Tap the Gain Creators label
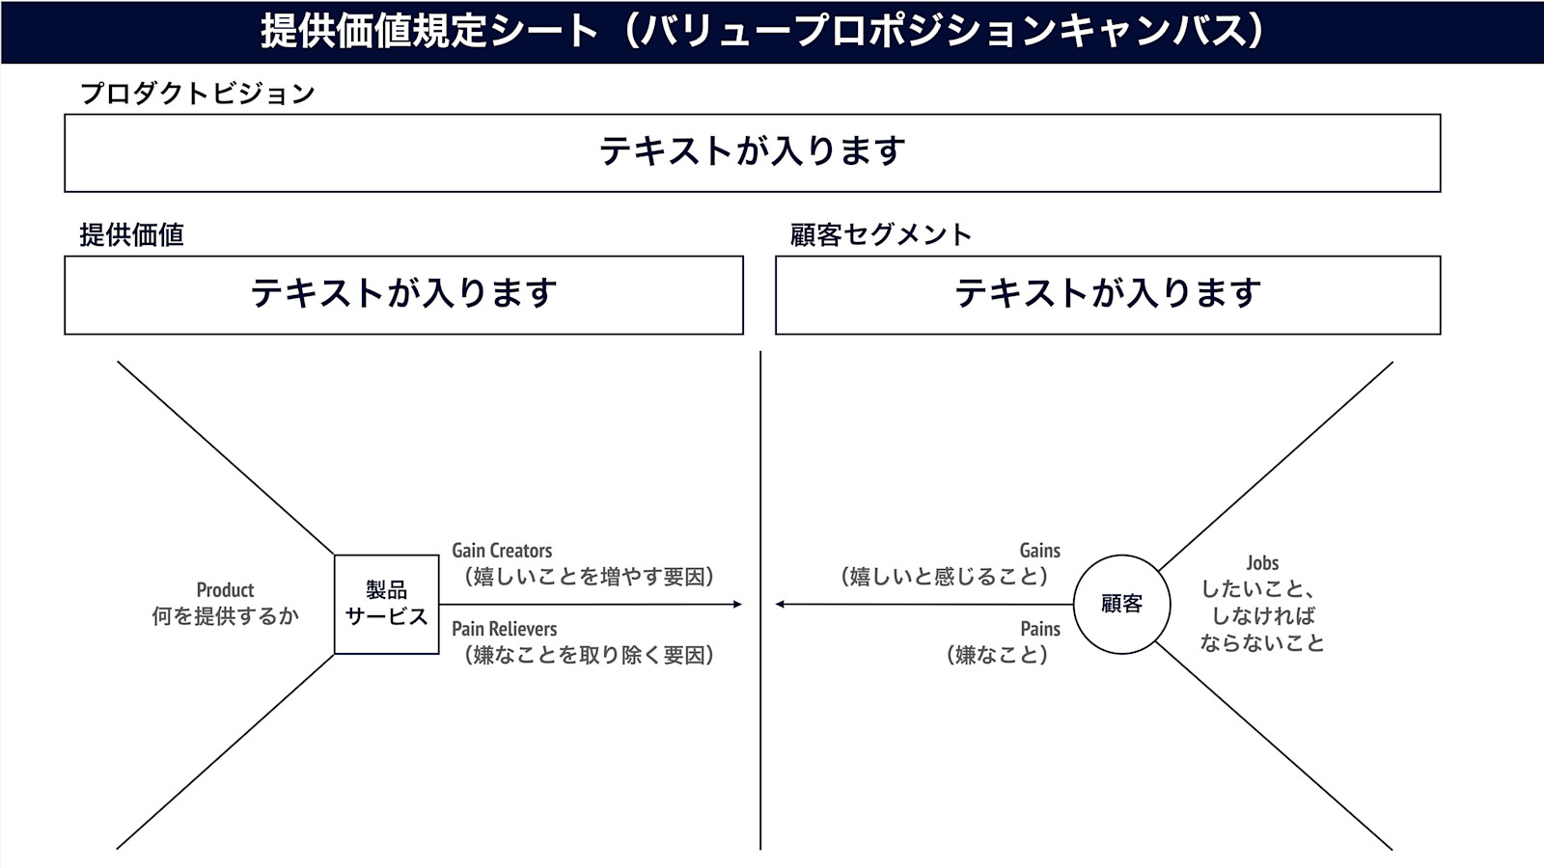pos(502,551)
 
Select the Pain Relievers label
pos(504,628)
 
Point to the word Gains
pos(1039,551)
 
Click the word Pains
pos(1040,628)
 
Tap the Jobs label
pos(1262,563)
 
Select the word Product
pos(225,589)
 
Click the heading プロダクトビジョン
pos(198,93)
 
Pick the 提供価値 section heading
pos(131,235)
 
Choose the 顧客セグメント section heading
pos(880,235)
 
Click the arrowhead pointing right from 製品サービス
pos(737,604)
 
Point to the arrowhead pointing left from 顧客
pos(781,604)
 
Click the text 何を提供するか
pos(225,616)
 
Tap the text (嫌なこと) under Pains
pos(998,655)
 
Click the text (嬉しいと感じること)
pos(945,577)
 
